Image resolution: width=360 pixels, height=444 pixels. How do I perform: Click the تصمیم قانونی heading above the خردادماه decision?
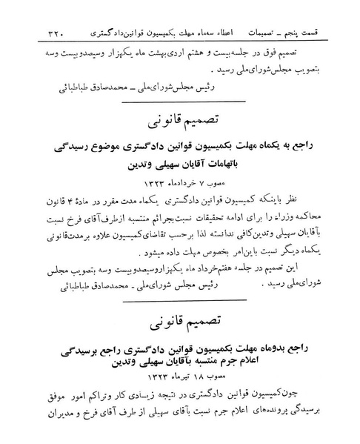pyautogui.click(x=180, y=119)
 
